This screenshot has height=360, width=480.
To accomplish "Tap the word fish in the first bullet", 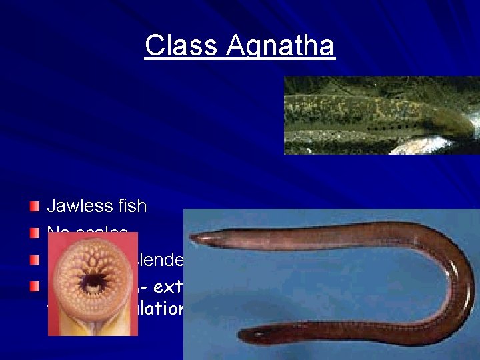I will tap(133, 206).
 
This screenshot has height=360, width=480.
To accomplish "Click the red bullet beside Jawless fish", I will tap(35, 206).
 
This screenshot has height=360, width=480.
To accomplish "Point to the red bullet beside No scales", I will tap(35, 232).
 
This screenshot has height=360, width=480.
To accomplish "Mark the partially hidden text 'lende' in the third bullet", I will tap(160, 259).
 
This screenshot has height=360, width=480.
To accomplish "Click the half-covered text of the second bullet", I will tap(87, 231).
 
